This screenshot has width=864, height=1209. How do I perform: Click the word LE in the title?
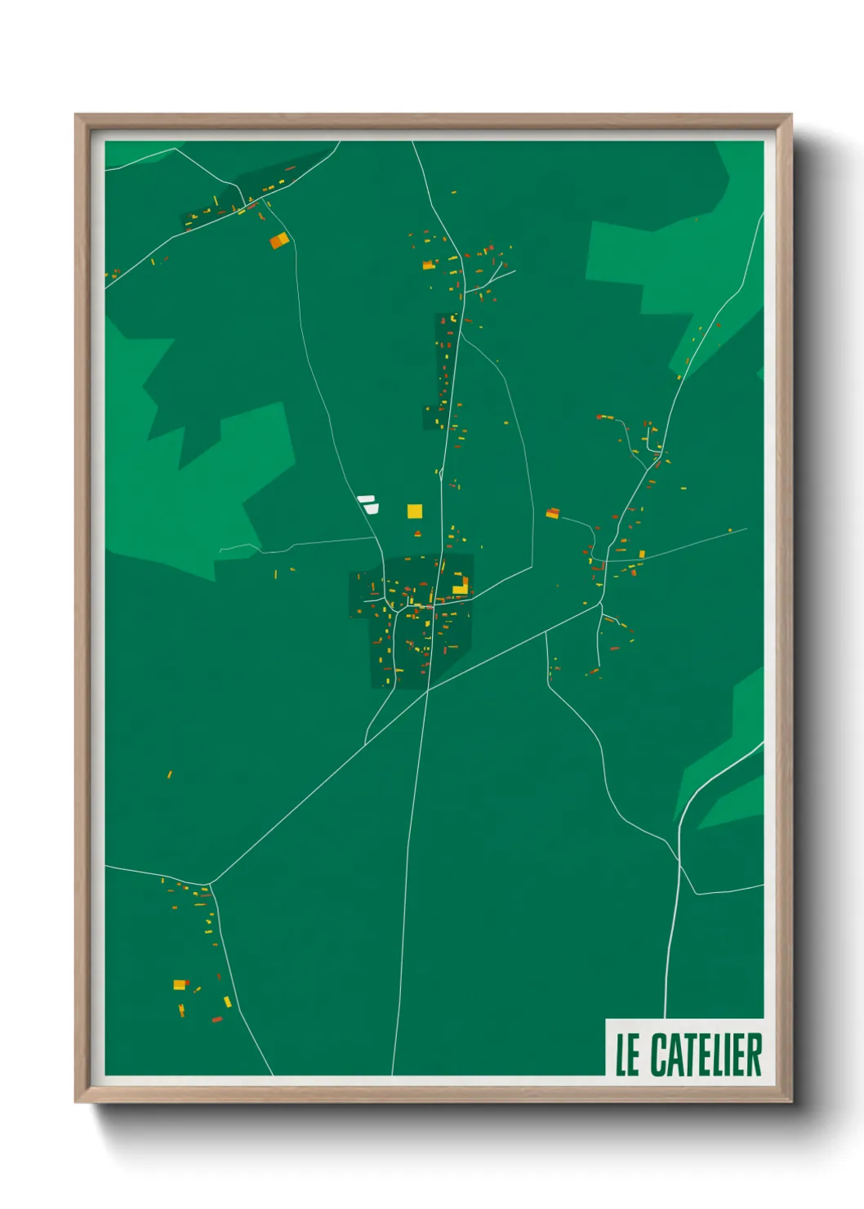point(627,1055)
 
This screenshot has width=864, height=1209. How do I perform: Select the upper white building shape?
point(365,498)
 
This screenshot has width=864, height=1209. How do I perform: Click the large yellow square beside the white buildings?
point(415,511)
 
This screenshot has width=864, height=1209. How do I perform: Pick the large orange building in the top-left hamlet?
point(279,239)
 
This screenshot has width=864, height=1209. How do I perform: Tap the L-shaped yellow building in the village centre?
point(461,587)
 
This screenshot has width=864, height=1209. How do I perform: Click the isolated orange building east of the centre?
point(553,513)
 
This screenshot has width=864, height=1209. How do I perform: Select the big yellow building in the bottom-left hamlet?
point(180,984)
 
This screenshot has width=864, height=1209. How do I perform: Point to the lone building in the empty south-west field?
point(170,774)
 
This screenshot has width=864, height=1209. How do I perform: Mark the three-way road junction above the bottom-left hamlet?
point(210,884)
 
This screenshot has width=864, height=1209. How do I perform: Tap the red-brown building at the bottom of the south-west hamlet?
point(216,1019)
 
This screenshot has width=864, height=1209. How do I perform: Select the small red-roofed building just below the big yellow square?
point(417,533)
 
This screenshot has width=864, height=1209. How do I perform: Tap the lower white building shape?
point(372,508)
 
